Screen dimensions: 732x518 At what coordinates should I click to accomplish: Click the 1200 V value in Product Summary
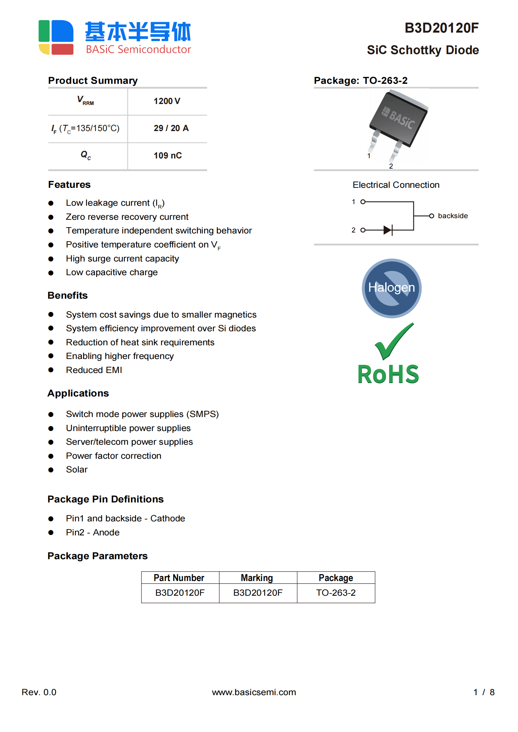[x=167, y=101]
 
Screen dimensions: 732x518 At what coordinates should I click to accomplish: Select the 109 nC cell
[x=168, y=156]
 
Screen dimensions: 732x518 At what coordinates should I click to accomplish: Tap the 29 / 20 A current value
[x=171, y=128]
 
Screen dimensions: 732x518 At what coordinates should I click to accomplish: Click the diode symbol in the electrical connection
[x=388, y=230]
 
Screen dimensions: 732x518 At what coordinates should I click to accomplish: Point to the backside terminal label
[x=452, y=216]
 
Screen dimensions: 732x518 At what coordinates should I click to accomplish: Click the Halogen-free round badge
[x=391, y=288]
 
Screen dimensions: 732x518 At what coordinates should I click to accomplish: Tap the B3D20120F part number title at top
[x=441, y=28]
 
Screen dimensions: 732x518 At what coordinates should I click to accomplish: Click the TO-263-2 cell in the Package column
[x=336, y=592]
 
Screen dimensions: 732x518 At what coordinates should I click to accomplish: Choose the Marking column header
[x=257, y=578]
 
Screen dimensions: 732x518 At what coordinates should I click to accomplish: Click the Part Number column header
[x=179, y=578]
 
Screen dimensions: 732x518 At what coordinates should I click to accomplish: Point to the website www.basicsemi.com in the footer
[x=254, y=692]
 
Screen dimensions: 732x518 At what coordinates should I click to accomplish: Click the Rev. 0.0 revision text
[x=39, y=692]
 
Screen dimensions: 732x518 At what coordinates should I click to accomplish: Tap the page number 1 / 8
[x=484, y=692]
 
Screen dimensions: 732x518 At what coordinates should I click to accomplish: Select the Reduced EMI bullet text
[x=94, y=370]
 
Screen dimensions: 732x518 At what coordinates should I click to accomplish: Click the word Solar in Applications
[x=77, y=470]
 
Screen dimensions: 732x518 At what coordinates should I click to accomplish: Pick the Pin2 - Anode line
[x=93, y=532]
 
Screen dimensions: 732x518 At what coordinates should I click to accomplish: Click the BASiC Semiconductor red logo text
[x=138, y=49]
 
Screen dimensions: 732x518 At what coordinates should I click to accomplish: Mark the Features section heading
[x=69, y=185]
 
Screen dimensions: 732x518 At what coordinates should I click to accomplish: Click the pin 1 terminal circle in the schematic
[x=363, y=202]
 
